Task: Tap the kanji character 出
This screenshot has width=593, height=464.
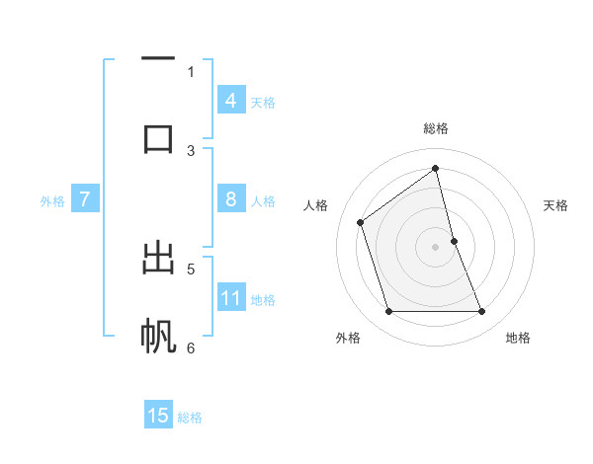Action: point(158,259)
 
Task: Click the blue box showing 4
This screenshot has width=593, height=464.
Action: point(231,101)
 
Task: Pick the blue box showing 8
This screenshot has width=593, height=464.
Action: point(231,199)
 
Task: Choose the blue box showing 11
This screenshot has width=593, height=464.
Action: point(231,298)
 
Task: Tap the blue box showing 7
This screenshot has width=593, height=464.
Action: point(85,199)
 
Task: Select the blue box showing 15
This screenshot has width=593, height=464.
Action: point(158,416)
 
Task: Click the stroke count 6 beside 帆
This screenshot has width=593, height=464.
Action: point(191,348)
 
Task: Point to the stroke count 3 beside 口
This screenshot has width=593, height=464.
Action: point(191,150)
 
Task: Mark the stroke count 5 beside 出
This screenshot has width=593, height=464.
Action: point(191,268)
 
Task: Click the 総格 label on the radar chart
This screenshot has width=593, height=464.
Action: point(436,128)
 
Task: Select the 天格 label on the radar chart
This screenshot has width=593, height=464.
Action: point(556,205)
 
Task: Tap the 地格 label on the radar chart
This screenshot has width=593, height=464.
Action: point(518,338)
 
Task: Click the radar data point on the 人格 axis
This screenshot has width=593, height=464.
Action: point(361,222)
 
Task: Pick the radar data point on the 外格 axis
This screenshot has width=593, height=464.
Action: point(388,312)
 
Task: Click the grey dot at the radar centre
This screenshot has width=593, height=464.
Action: point(436,247)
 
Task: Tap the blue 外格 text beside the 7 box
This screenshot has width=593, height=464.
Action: point(52,201)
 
